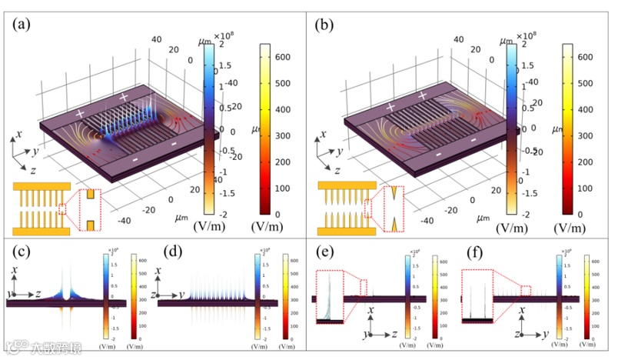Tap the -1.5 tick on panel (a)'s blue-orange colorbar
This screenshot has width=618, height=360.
pyautogui.click(x=224, y=196)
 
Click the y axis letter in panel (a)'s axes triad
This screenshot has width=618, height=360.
pyautogui.click(x=35, y=152)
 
